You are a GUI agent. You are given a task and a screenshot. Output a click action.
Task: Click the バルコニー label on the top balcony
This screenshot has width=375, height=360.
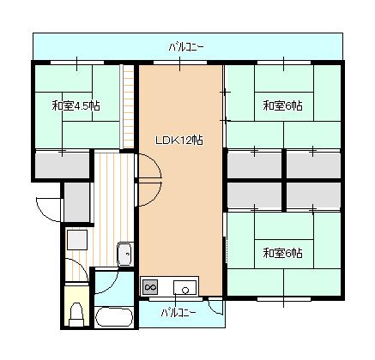pos(186,46)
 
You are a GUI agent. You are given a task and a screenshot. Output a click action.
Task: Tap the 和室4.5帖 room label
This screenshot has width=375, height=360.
pos(76,106)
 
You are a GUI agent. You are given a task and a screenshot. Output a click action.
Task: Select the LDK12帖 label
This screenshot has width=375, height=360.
pos(179,140)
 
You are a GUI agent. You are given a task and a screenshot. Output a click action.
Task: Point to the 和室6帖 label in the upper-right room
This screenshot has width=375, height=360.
pos(282,106)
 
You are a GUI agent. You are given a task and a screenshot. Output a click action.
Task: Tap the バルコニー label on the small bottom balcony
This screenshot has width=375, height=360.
pos(178,312)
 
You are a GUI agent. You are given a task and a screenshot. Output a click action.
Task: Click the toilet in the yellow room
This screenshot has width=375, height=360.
pos(76,312)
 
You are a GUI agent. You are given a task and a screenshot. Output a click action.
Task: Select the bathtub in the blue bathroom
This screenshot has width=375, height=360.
pos(113,316)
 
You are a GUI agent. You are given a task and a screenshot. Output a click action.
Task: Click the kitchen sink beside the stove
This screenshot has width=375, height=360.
pos(184,286)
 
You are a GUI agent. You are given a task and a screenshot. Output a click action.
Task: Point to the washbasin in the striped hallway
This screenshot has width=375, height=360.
pos(124,253)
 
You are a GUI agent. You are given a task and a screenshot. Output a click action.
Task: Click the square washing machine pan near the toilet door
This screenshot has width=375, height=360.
pos(77,239)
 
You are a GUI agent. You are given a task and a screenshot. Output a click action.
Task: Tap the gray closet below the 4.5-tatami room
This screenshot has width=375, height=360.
pos(63,164)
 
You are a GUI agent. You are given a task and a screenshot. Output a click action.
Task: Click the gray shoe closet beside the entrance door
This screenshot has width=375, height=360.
pos(77,201)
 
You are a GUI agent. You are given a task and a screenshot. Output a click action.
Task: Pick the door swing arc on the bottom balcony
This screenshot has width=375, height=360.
pos(215,309)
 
